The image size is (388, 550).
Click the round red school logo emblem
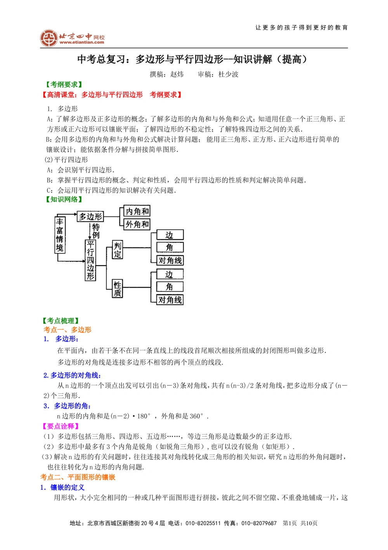pyautogui.click(x=49, y=38)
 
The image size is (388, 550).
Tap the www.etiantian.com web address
pyautogui.click(x=82, y=42)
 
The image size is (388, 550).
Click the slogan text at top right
pyautogui.click(x=301, y=28)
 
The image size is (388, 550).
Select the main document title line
pyautogui.click(x=192, y=59)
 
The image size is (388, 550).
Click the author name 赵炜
pyautogui.click(x=177, y=74)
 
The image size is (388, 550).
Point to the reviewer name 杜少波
pyautogui.click(x=228, y=74)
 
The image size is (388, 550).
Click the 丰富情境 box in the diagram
pyautogui.click(x=60, y=234)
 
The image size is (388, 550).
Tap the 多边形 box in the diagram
pyautogui.click(x=90, y=216)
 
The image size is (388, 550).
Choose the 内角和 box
pyautogui.click(x=137, y=211)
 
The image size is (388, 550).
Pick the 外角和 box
pyautogui.click(x=137, y=224)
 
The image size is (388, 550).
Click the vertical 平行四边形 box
pyautogui.click(x=90, y=260)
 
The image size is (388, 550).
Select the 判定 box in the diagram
pyautogui.click(x=117, y=250)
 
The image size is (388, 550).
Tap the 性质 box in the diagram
pyautogui.click(x=117, y=288)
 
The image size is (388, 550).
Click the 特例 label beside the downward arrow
pyautogui.click(x=96, y=231)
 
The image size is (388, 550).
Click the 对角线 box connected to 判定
pyautogui.click(x=170, y=260)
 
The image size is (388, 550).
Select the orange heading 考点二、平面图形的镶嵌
pyautogui.click(x=78, y=477)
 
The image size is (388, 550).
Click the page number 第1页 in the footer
pyautogui.click(x=289, y=523)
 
